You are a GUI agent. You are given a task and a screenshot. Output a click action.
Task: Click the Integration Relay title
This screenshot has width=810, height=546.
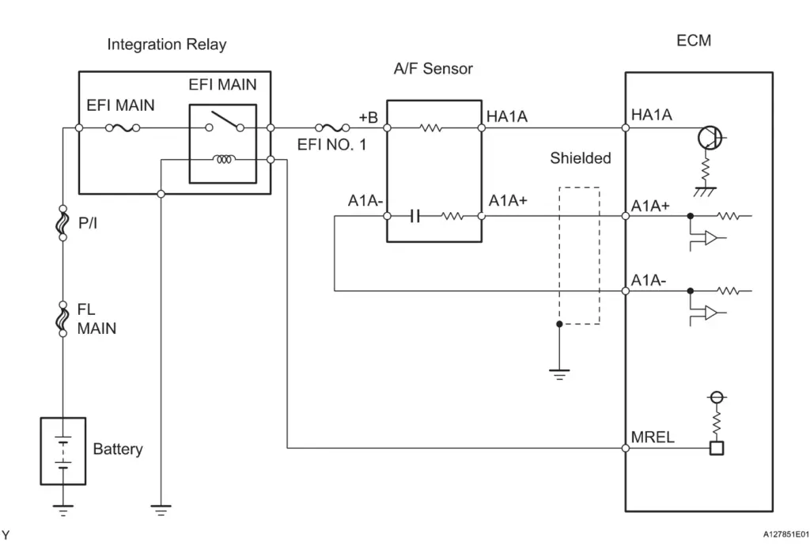point(166,44)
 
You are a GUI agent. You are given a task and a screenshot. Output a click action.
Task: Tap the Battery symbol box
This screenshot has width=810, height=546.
point(63,450)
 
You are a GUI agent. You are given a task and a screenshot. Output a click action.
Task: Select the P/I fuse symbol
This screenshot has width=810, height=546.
point(63,225)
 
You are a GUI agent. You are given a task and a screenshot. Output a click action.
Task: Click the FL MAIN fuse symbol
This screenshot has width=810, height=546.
point(63,317)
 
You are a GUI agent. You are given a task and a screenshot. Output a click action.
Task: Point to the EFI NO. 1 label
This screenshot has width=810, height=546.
point(331,145)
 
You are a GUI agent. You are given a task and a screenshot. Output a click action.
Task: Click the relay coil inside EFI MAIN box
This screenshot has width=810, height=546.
point(225,160)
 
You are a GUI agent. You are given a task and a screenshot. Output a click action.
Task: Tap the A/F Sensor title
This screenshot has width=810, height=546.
point(433,69)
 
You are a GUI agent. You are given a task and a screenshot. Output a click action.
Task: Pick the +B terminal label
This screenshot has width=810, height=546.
point(369,116)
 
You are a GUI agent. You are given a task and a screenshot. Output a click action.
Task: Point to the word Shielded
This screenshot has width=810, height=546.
point(581,158)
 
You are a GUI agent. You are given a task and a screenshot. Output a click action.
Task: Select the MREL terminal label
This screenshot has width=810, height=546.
point(653,437)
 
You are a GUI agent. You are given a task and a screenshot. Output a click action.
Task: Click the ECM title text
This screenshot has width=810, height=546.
point(694,40)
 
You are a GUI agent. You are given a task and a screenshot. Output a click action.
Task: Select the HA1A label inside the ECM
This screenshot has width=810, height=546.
point(652,116)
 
